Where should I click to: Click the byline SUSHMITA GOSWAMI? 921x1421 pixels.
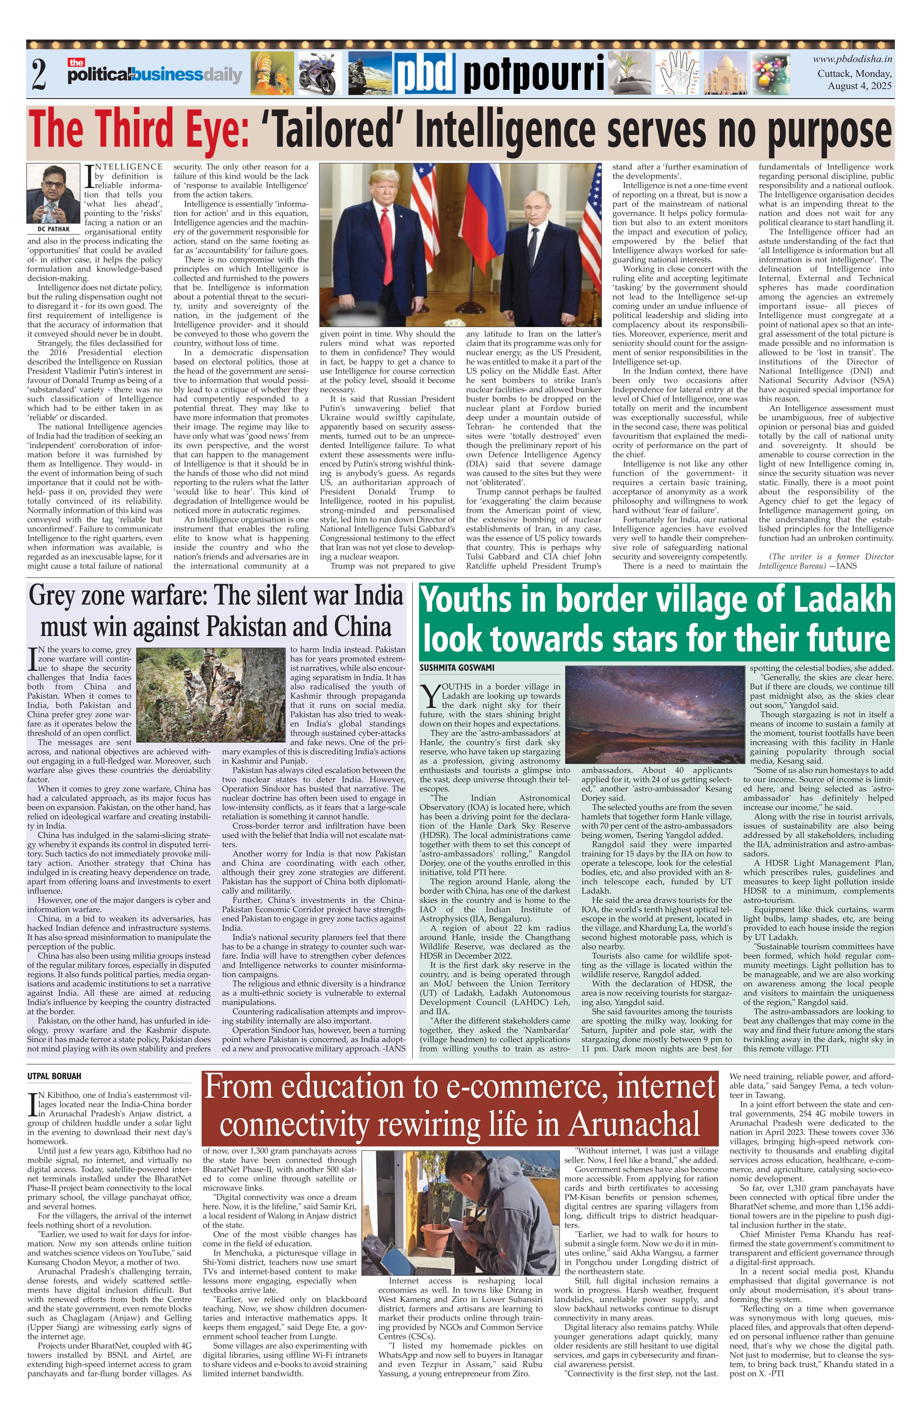pos(457,667)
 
